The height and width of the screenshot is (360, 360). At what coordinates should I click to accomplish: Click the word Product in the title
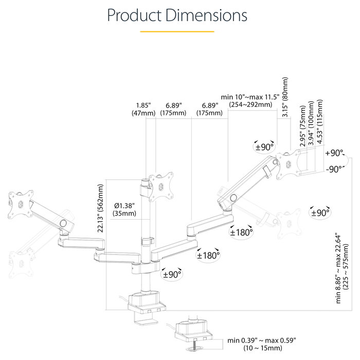134,15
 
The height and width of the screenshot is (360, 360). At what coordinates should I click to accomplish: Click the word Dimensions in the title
206,15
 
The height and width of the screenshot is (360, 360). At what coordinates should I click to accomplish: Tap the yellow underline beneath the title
177,31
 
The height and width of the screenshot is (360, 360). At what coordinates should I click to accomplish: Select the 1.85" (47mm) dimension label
143,109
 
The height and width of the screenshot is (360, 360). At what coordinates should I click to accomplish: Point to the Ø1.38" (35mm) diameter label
124,209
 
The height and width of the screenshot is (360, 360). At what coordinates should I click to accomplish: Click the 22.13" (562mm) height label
101,208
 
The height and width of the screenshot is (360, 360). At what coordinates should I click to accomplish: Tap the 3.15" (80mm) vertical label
285,97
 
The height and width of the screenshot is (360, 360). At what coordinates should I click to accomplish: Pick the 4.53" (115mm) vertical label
319,122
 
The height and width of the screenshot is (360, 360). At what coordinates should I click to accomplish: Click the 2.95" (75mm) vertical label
303,126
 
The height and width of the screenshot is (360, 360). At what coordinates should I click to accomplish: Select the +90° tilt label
334,153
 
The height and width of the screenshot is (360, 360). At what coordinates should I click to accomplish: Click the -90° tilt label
334,169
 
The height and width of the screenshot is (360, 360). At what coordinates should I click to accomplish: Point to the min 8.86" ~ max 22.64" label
342,268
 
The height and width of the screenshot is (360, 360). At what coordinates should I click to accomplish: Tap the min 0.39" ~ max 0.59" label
262,344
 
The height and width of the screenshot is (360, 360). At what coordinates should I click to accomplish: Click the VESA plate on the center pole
161,187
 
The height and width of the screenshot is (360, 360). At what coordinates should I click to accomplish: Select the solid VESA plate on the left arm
21,204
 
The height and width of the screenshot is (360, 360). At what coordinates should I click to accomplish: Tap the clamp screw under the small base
195,345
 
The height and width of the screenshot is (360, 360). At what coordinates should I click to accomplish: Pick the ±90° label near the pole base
172,274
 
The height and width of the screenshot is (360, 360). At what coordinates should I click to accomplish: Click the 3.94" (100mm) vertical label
311,123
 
